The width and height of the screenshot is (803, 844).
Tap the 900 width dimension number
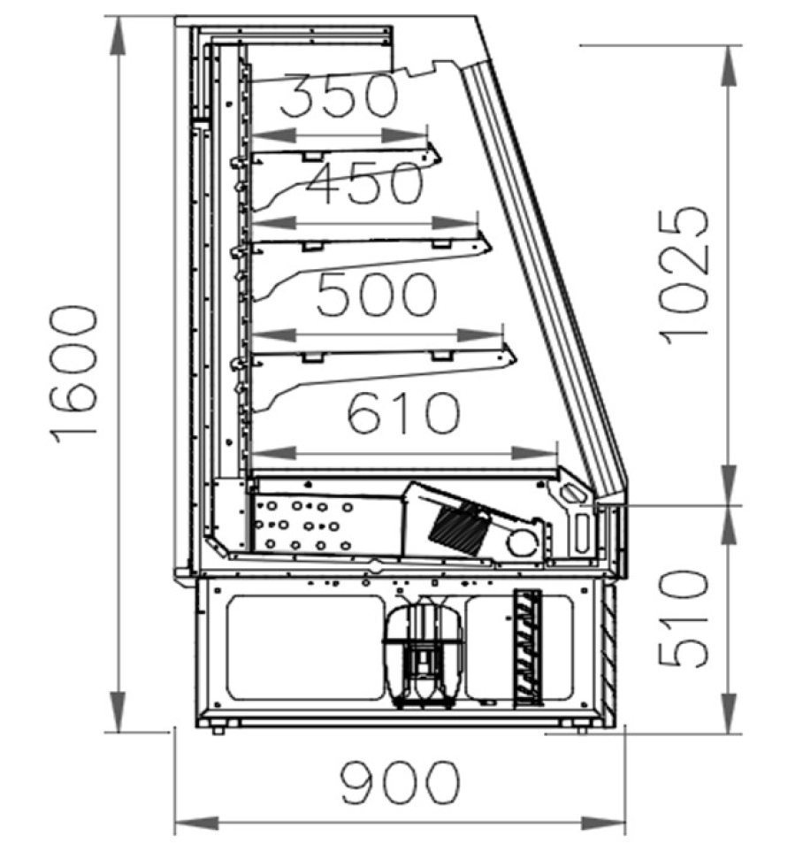tap(400, 782)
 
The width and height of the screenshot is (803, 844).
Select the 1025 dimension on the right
tap(684, 275)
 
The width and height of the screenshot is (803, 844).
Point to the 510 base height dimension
tap(684, 618)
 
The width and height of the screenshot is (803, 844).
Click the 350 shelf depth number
tap(339, 95)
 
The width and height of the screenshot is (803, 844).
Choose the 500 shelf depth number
tap(376, 294)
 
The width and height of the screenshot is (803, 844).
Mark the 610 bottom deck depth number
tap(403, 412)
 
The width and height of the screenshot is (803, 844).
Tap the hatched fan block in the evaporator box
tap(459, 528)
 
